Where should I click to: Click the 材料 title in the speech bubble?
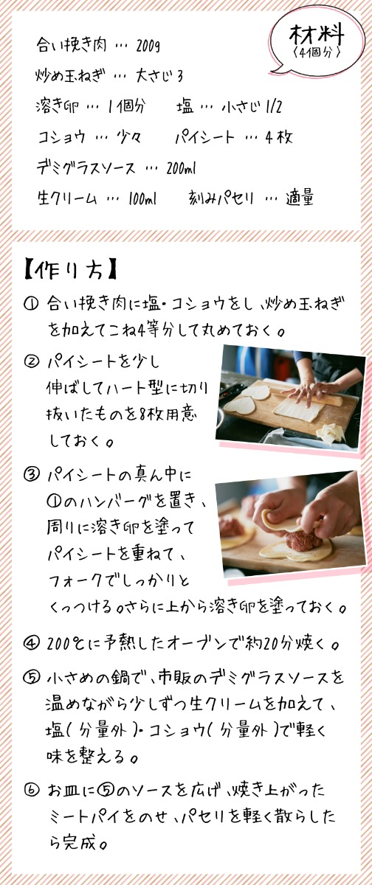tap(316, 35)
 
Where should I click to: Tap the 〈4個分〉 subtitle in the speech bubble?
tap(317, 52)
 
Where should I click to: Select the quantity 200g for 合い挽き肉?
tap(148, 46)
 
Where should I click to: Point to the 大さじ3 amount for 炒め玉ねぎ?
tap(159, 76)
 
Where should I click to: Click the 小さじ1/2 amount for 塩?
tap(252, 107)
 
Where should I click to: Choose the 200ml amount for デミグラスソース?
tap(181, 168)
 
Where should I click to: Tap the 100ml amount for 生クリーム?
tap(142, 198)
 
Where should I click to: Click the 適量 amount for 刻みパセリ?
tap(300, 198)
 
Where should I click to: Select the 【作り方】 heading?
tap(70, 269)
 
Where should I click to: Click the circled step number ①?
tap(31, 304)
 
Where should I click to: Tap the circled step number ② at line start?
tap(31, 361)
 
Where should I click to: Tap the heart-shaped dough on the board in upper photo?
tap(240, 406)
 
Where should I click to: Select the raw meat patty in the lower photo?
tap(303, 540)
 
